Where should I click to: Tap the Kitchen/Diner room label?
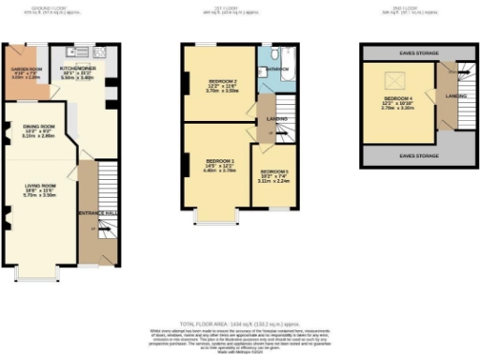[x=77, y=69]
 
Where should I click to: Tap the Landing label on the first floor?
[x=275, y=118]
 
